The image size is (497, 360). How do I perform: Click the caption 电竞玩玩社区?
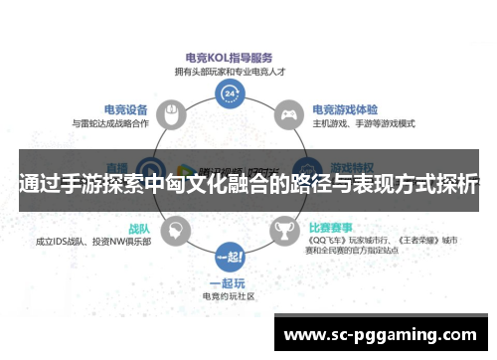pos(230,296)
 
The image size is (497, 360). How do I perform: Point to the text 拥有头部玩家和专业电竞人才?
pos(230,73)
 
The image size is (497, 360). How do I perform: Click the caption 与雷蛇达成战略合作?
pos(110,123)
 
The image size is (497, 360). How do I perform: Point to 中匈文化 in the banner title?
pos(202,183)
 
